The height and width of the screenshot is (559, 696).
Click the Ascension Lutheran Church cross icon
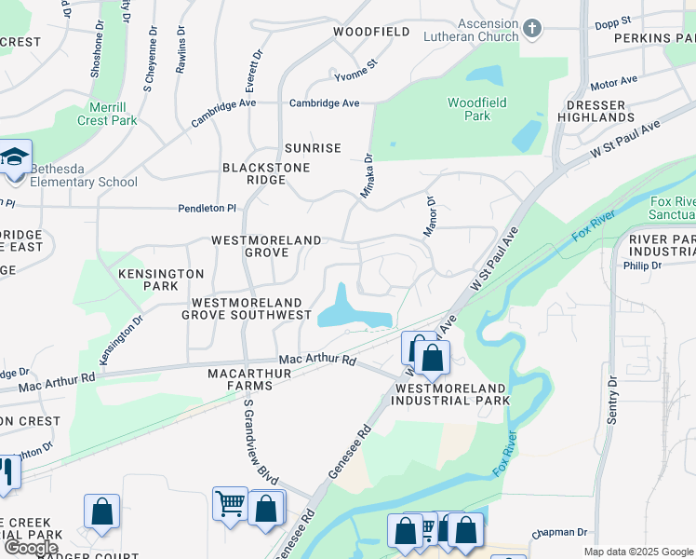point(532,28)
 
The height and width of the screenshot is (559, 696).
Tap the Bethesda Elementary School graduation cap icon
point(15,157)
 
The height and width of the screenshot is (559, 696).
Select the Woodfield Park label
point(469,109)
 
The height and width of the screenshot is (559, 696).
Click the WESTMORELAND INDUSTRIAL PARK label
point(451,394)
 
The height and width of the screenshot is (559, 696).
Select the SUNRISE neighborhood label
point(313,148)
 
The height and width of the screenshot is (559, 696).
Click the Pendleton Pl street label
point(207,209)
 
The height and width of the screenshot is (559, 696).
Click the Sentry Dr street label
point(612,400)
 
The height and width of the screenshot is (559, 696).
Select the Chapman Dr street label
point(560,533)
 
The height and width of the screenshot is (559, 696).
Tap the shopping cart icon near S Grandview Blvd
point(230,504)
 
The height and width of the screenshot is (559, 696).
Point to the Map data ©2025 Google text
point(638,552)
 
